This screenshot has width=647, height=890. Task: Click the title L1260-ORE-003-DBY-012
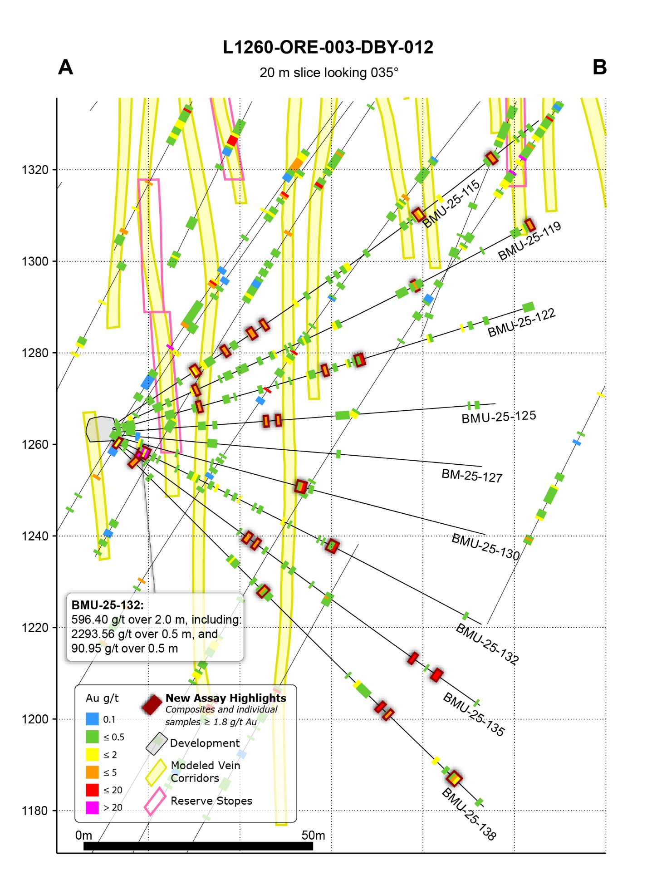click(328, 47)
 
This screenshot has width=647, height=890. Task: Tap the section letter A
click(66, 67)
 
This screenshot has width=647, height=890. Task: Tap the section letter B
click(599, 67)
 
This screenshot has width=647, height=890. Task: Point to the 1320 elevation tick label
click(35, 170)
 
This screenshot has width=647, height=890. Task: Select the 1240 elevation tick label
click(35, 536)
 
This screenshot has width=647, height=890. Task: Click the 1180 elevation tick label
click(35, 811)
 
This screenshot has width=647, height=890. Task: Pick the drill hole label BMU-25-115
click(451, 203)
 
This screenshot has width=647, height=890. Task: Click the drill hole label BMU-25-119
click(529, 241)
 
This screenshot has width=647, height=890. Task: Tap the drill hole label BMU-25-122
click(521, 323)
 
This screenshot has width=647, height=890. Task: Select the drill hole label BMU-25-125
click(499, 417)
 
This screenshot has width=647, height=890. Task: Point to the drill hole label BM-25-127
click(472, 476)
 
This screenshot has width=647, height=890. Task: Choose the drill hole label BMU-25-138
click(469, 814)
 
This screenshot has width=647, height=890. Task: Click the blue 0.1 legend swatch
click(92, 719)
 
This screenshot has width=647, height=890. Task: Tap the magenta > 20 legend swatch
click(92, 807)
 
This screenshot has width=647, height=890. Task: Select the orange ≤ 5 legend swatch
click(92, 772)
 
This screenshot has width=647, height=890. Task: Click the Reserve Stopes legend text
click(211, 801)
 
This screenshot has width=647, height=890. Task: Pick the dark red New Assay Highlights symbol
click(152, 704)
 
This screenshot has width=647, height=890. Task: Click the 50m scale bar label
click(313, 836)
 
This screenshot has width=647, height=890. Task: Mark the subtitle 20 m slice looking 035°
click(328, 73)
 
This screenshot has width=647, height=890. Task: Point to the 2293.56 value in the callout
click(90, 634)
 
